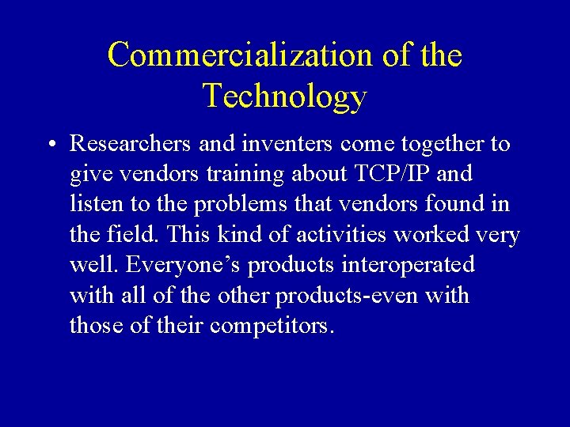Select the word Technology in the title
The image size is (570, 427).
click(x=285, y=96)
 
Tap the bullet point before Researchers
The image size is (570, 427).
click(x=50, y=145)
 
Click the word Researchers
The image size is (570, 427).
click(x=131, y=144)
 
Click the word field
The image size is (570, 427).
click(x=126, y=235)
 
